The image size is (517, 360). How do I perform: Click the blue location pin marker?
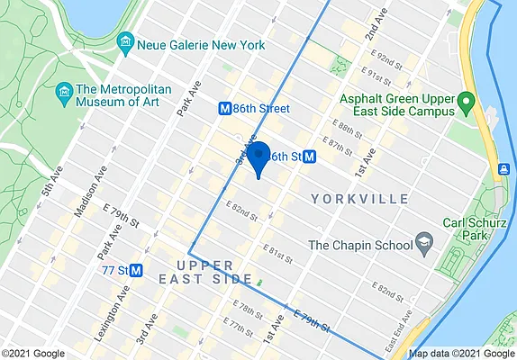[x=258, y=157]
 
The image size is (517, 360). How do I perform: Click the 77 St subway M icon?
[x=137, y=268]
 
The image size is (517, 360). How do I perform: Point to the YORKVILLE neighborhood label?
[x=360, y=198]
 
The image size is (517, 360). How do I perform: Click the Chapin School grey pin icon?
[x=423, y=244]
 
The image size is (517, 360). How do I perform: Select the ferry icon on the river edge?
[x=503, y=168]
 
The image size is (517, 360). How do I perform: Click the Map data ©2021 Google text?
[x=460, y=354]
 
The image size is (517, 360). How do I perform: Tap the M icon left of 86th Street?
[x=225, y=108]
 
